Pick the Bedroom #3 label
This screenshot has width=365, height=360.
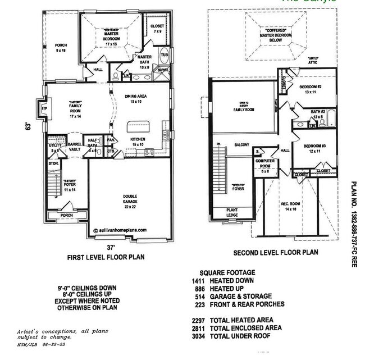pos(313,148)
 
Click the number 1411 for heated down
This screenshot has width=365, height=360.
pos(198,280)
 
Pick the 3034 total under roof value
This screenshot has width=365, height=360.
pos(198,335)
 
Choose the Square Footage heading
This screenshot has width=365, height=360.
pos(230,272)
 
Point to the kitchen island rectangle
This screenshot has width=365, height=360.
pos(138,126)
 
